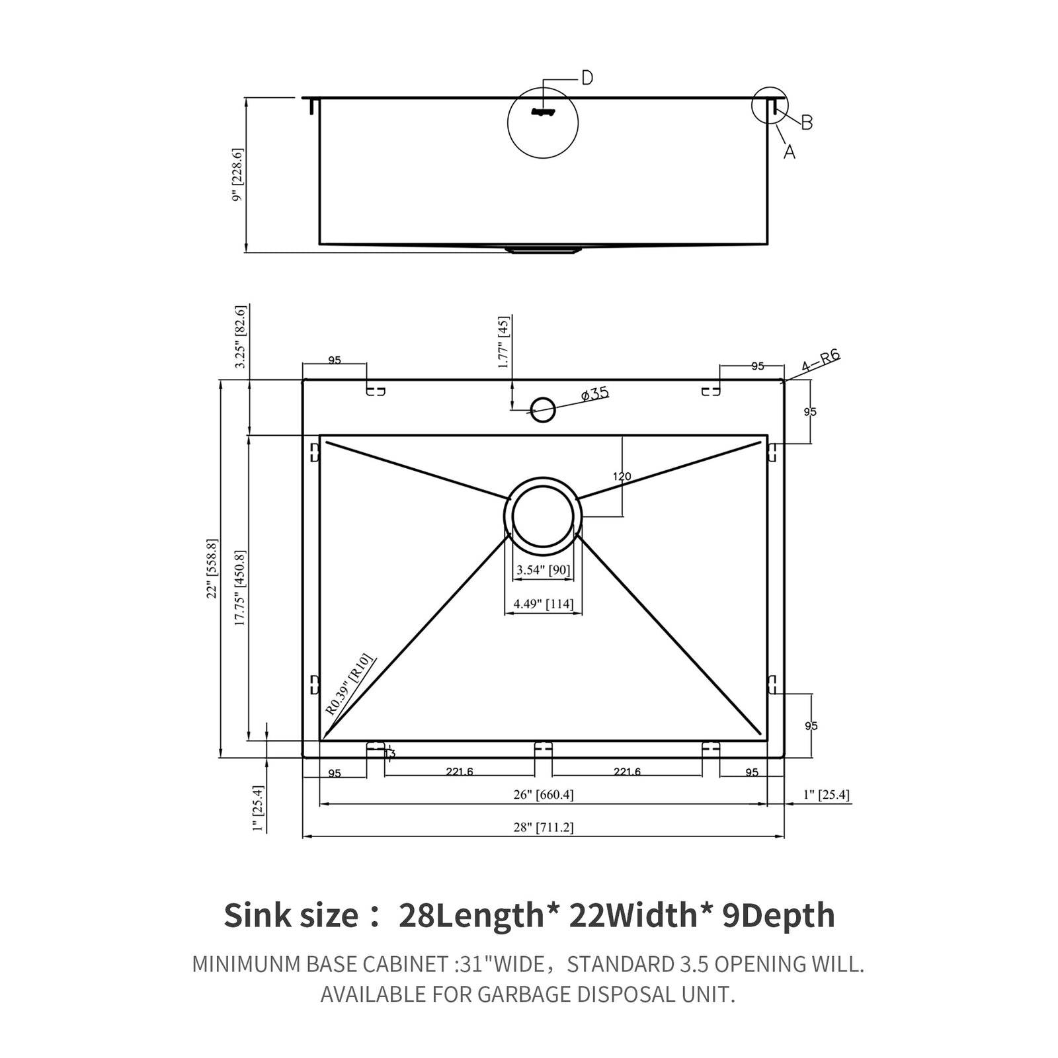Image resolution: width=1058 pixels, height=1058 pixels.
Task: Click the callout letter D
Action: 587,78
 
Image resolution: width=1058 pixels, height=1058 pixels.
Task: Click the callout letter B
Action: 806,122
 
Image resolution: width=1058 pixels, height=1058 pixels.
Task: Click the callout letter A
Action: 789,151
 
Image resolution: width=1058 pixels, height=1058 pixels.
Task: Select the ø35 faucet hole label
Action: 594,394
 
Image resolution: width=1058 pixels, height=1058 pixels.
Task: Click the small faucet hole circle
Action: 543,409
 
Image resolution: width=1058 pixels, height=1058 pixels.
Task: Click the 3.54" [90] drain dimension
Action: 543,570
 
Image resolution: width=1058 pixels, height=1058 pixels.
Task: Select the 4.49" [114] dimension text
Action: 543,603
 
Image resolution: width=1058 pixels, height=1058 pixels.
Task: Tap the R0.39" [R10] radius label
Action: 349,684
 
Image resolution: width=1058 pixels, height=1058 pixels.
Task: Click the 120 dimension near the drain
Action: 622,476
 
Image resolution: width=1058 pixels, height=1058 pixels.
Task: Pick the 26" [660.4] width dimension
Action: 543,795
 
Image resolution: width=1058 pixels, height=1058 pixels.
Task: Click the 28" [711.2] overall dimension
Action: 543,827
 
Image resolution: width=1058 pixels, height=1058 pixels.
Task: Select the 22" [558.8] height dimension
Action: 212,569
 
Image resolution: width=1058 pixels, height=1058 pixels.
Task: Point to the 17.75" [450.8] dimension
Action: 240,588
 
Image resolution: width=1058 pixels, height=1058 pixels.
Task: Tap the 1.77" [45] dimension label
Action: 504,342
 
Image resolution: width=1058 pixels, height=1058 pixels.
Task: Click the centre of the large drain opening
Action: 543,516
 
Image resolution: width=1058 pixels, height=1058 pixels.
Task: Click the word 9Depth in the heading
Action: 778,916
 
